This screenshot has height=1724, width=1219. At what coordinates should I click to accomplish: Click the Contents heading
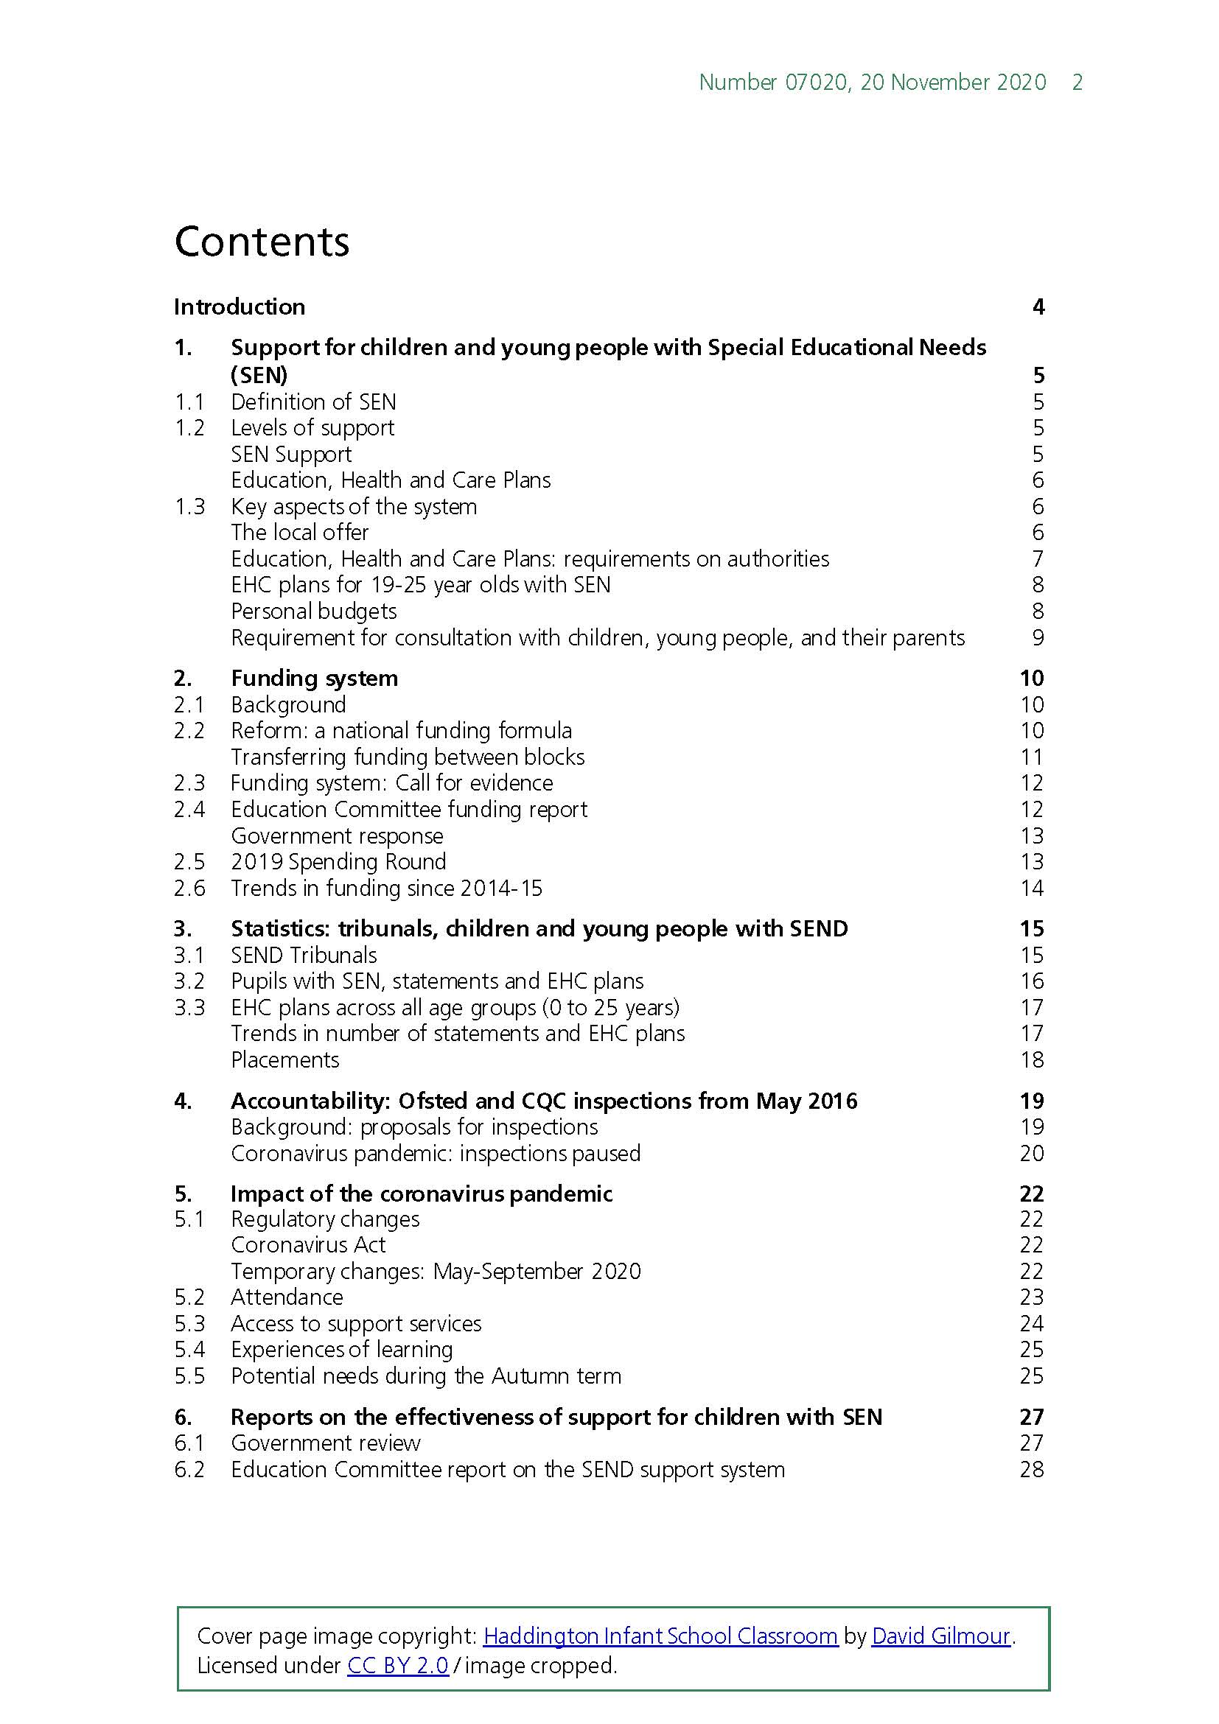click(262, 242)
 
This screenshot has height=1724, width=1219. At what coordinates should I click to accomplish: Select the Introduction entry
click(239, 306)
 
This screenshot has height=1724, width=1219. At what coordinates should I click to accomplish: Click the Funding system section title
click(314, 678)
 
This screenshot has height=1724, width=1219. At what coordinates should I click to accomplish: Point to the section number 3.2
click(189, 981)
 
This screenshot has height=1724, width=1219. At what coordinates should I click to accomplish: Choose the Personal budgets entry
click(313, 612)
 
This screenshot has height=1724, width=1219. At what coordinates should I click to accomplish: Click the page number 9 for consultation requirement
click(1038, 637)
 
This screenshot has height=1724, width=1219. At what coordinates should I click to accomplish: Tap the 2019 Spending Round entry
click(338, 861)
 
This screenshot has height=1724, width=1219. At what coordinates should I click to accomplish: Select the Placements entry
click(284, 1059)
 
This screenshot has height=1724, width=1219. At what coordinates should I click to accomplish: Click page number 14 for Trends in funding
click(1031, 888)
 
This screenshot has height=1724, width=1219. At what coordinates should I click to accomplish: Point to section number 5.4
click(189, 1349)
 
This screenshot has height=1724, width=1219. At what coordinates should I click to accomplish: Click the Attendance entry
click(286, 1297)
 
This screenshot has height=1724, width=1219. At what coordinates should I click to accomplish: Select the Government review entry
click(325, 1443)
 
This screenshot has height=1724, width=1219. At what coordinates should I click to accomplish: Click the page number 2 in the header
click(1077, 83)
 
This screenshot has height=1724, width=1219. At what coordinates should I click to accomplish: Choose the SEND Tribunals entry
click(304, 955)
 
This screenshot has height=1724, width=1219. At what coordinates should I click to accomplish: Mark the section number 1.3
click(189, 507)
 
